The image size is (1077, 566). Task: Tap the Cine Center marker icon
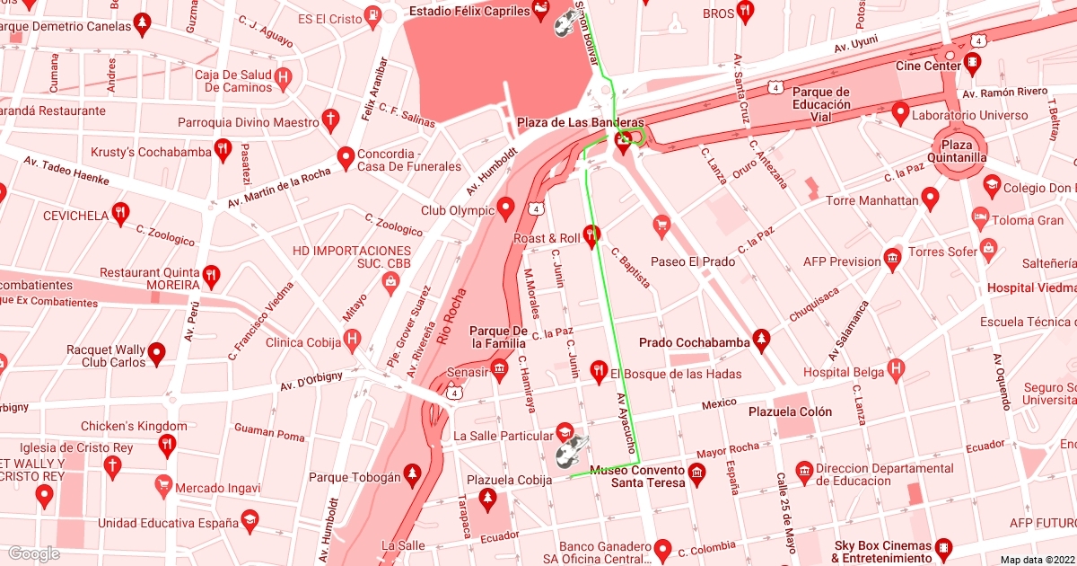pyautogui.click(x=972, y=64)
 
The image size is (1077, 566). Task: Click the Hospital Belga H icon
pyautogui.click(x=895, y=370)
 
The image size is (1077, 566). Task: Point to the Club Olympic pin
pyautogui.click(x=505, y=210)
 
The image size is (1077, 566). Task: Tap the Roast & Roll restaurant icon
pyautogui.click(x=591, y=237)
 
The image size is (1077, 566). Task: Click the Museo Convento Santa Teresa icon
pyautogui.click(x=697, y=471)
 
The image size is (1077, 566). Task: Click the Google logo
pyautogui.click(x=33, y=553)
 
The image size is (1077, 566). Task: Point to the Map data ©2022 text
pyautogui.click(x=1037, y=559)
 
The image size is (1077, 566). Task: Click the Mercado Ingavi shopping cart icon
pyautogui.click(x=163, y=486)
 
